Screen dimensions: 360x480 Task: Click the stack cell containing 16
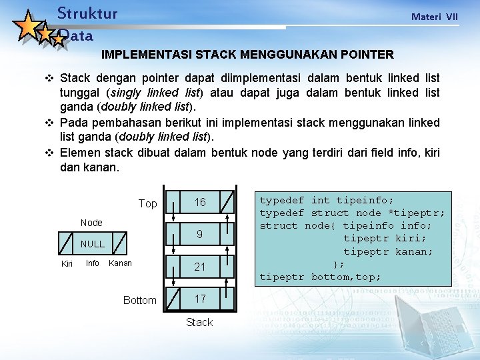(x=200, y=202)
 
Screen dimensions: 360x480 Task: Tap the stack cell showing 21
(x=200, y=267)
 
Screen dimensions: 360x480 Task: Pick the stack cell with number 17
(x=200, y=299)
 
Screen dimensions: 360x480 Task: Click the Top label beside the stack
(x=147, y=203)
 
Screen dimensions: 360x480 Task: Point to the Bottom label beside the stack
(x=140, y=301)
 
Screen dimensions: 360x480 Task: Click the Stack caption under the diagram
(x=199, y=323)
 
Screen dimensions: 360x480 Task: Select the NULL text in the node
(x=93, y=244)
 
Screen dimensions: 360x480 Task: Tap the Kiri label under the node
(x=67, y=265)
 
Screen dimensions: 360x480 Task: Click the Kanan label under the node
(x=120, y=263)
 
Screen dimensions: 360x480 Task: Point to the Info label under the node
(x=93, y=263)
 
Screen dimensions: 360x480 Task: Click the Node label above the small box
(x=91, y=223)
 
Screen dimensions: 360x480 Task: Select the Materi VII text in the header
(x=435, y=17)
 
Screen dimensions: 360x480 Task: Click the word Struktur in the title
(x=87, y=13)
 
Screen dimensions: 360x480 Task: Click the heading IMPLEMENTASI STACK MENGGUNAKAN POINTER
(x=247, y=54)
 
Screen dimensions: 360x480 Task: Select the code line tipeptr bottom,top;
(x=320, y=277)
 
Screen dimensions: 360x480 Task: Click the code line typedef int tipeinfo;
(x=326, y=200)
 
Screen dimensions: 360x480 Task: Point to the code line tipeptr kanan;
(x=388, y=251)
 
